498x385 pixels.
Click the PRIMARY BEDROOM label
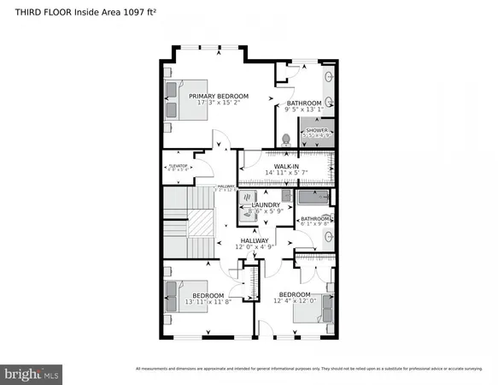219,96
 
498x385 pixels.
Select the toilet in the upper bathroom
286,137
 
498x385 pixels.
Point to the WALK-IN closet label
285,165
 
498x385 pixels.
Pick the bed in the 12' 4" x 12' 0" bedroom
309,311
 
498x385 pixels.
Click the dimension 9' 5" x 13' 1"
303,110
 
